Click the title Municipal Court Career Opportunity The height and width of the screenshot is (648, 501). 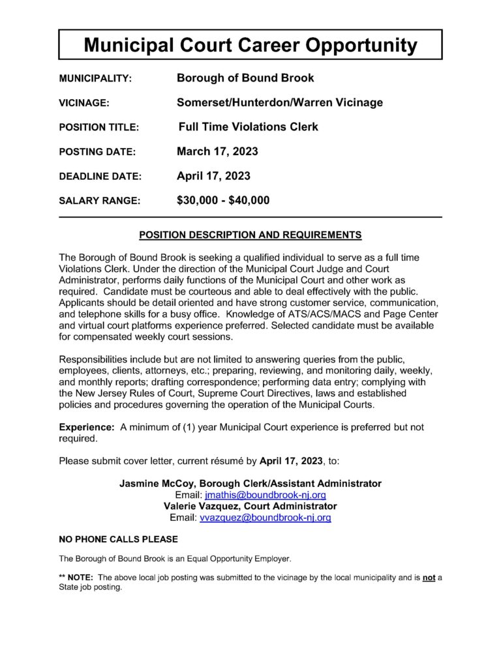click(250, 45)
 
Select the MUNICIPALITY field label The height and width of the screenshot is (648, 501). click(95, 79)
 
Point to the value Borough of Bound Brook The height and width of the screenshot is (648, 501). click(245, 78)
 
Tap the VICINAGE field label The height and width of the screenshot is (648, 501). click(84, 103)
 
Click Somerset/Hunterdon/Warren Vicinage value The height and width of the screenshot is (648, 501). click(280, 102)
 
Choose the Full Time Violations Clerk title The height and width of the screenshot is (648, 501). click(249, 127)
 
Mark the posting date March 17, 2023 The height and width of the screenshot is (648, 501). click(217, 152)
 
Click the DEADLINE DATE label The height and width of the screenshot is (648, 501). click(100, 177)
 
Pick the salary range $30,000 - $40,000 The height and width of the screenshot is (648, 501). click(223, 201)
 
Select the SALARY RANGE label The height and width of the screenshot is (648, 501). click(99, 201)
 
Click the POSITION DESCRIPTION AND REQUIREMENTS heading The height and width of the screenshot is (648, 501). click(250, 235)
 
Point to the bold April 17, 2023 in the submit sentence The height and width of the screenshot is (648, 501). click(291, 461)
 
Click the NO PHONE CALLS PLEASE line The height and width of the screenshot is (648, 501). click(118, 540)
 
